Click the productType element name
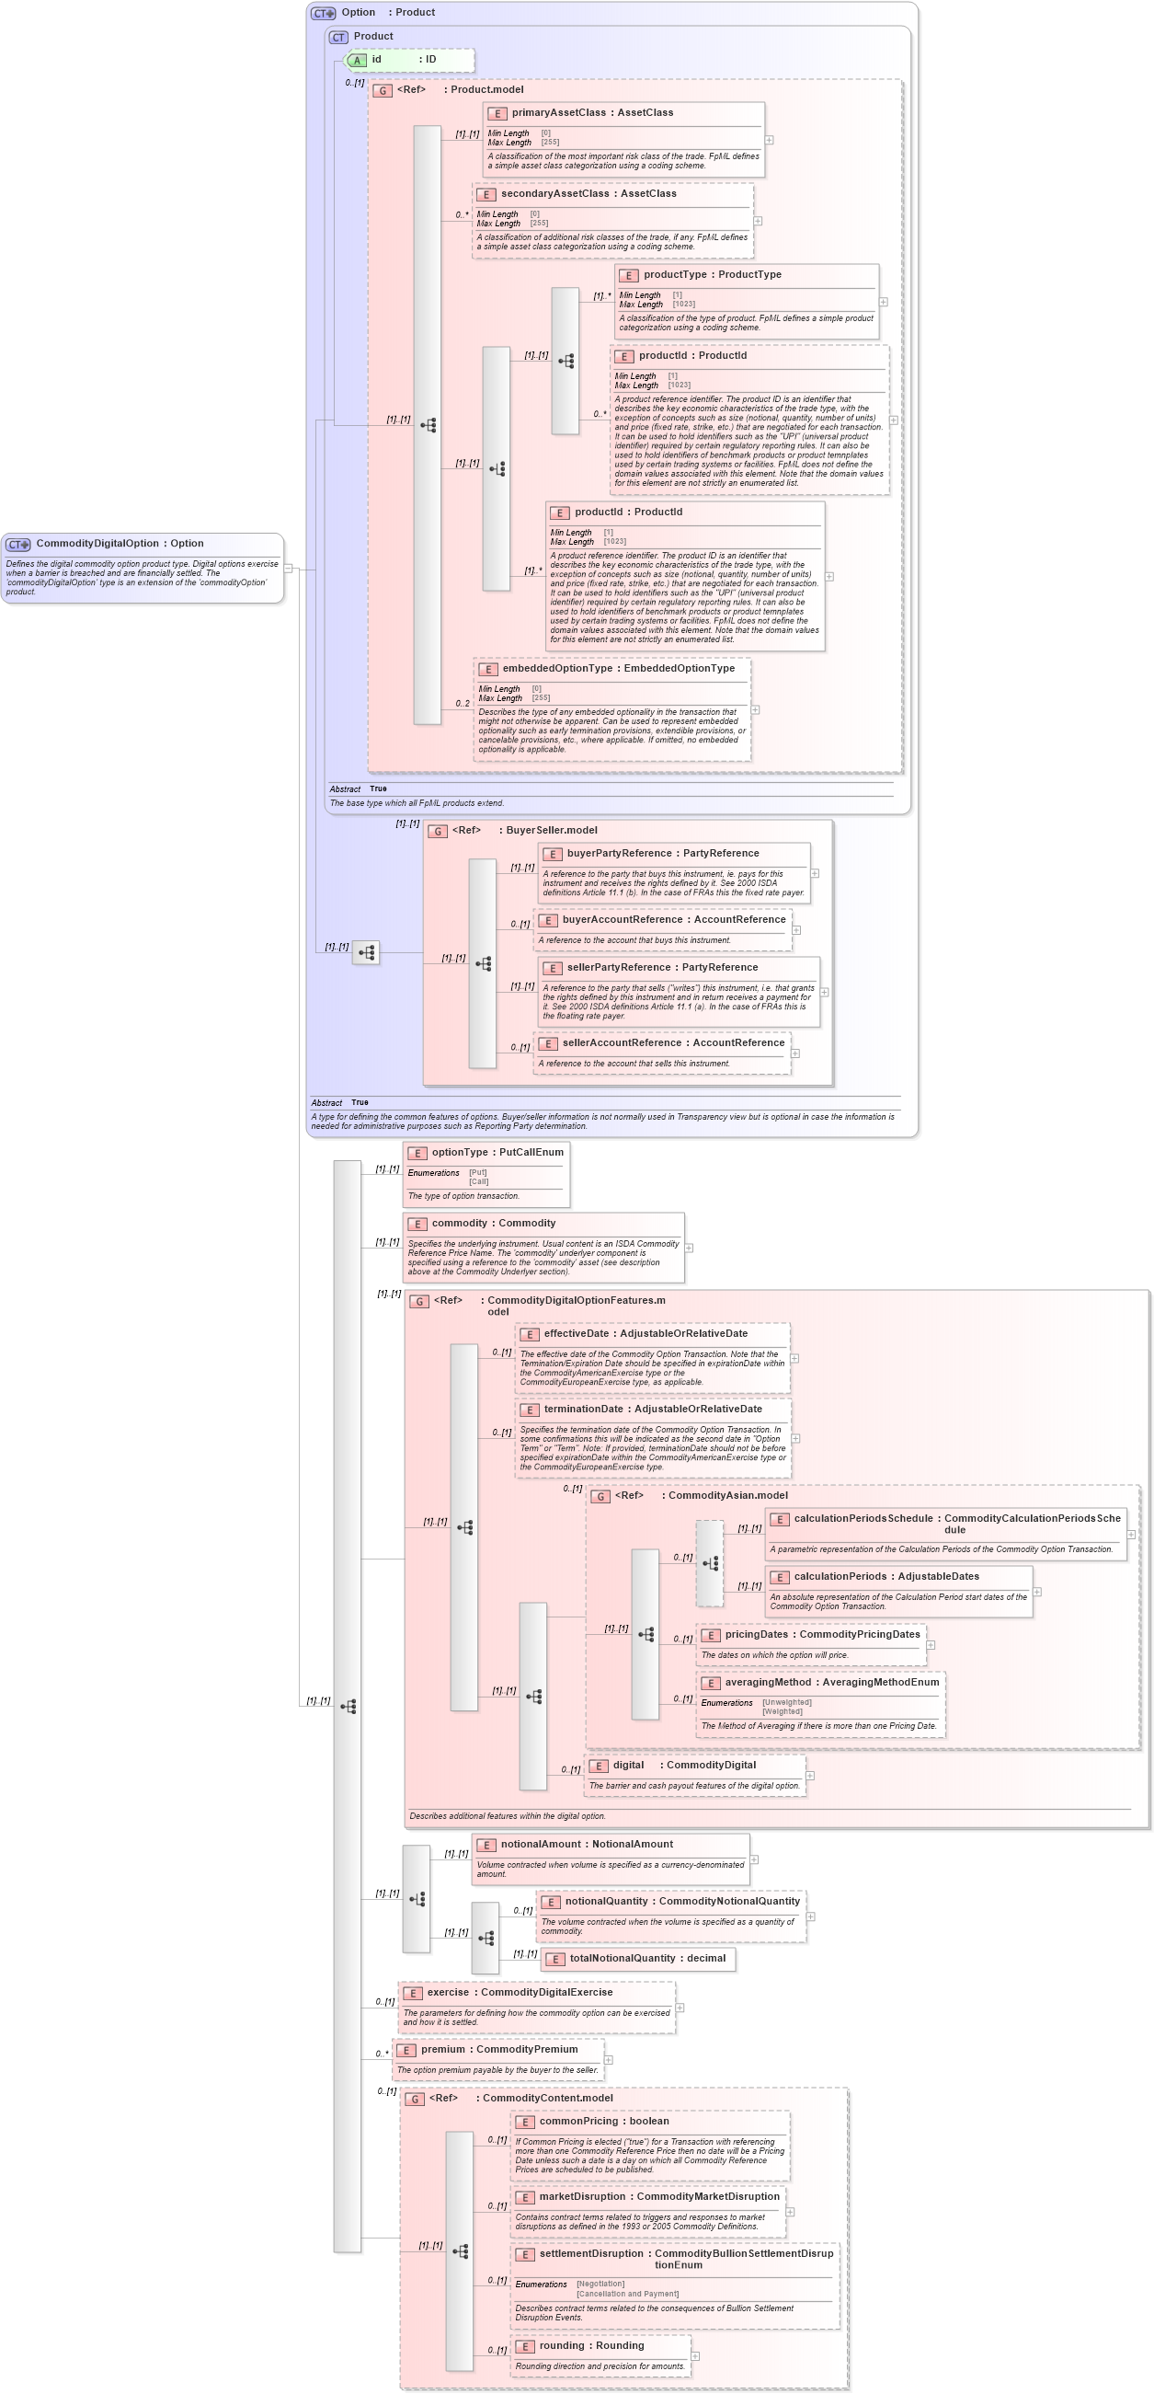click(x=675, y=274)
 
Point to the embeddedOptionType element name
click(x=557, y=668)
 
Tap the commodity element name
click(x=459, y=1223)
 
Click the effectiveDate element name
click(x=576, y=1333)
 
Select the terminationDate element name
click(x=583, y=1409)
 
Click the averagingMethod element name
click(x=768, y=1682)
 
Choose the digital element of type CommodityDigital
click(x=628, y=1765)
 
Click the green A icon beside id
click(x=357, y=61)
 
